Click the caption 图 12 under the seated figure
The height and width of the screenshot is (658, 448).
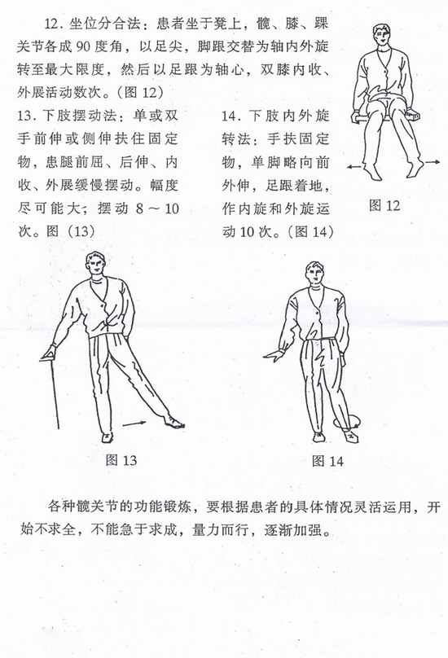(x=384, y=204)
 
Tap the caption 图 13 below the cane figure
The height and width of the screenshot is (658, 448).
(x=121, y=459)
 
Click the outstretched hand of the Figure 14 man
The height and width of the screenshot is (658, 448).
(x=269, y=355)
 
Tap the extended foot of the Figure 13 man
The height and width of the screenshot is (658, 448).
(x=173, y=421)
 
